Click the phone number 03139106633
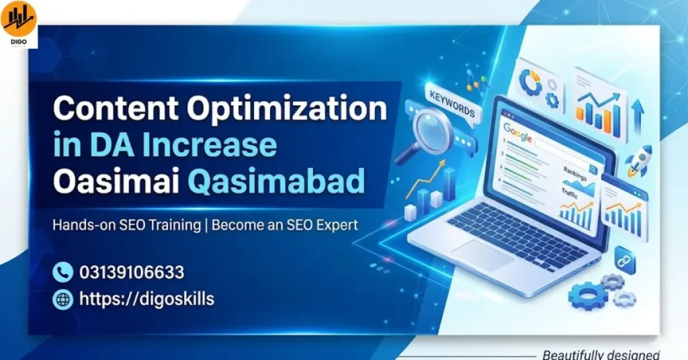click(132, 273)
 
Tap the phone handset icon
click(62, 273)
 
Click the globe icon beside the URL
click(62, 300)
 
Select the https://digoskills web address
click(146, 300)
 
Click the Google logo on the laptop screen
click(518, 132)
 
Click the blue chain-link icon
click(625, 259)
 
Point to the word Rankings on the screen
click(575, 173)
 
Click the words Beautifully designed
click(601, 354)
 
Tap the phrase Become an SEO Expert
click(285, 225)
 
